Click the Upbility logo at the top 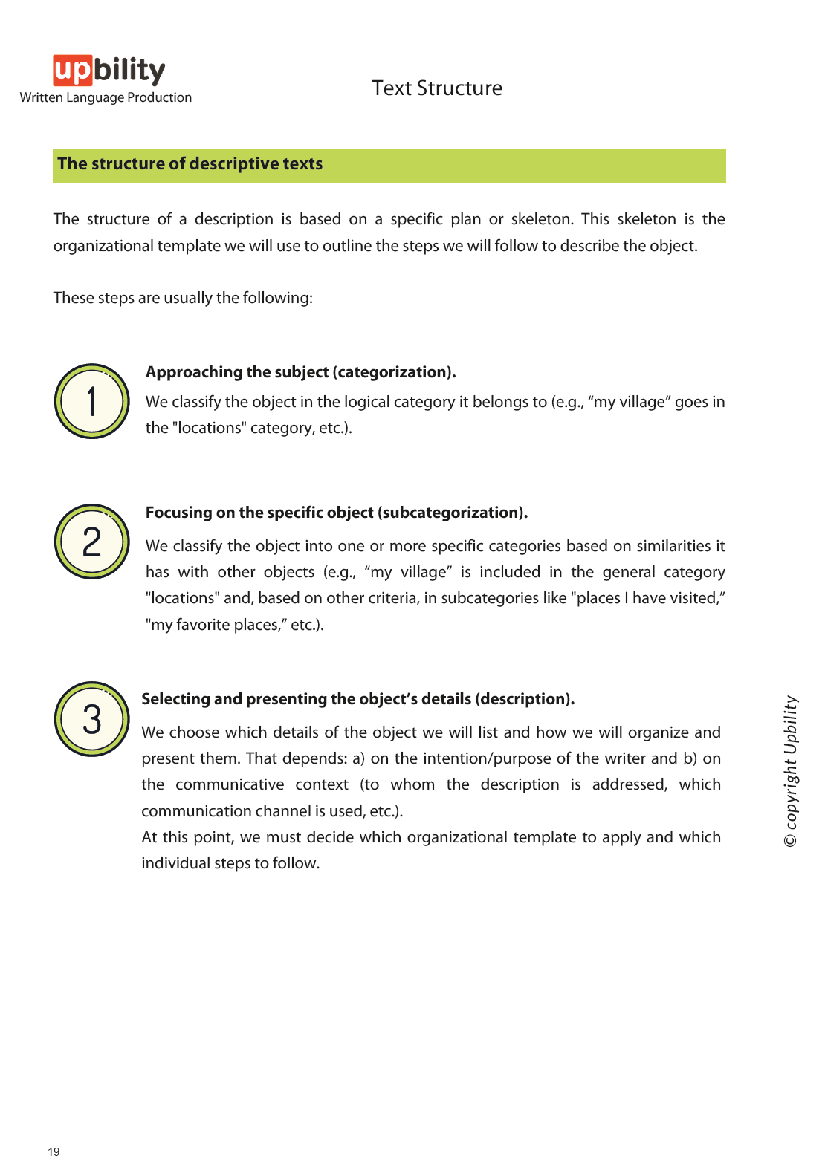[109, 71]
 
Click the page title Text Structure [437, 88]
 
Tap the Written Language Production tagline [106, 97]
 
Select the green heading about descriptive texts [190, 164]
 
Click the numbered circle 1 [92, 401]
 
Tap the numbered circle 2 [92, 542]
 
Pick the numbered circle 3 [92, 719]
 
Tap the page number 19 [54, 1152]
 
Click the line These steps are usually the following [183, 298]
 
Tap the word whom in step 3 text [412, 784]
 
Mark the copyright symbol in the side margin [791, 840]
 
